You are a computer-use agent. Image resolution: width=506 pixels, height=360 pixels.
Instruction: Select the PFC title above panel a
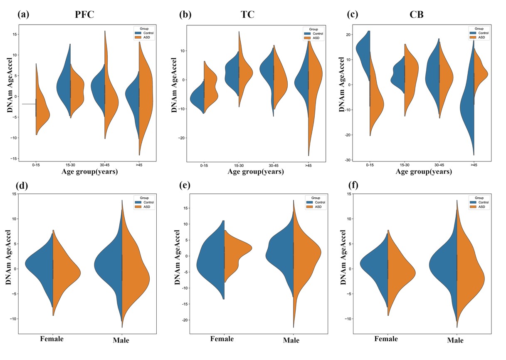85,15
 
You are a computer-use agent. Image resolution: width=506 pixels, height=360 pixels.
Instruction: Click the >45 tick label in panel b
309,165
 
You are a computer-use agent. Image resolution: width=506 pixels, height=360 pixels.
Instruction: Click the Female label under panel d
52,339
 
